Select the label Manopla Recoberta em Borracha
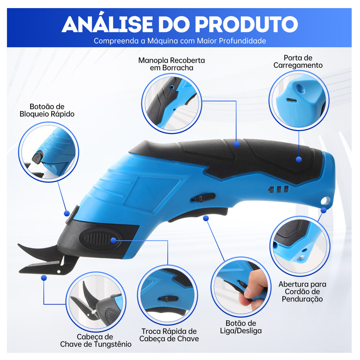(172, 64)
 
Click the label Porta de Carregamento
(298, 62)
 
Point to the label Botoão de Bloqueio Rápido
(47, 110)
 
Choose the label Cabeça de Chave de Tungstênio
(96, 340)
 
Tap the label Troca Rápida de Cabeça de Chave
(169, 335)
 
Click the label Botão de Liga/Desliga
(241, 327)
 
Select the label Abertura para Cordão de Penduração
(302, 291)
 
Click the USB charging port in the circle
(291, 100)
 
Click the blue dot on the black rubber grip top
(237, 144)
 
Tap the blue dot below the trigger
(206, 218)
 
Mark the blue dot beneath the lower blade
(44, 278)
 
